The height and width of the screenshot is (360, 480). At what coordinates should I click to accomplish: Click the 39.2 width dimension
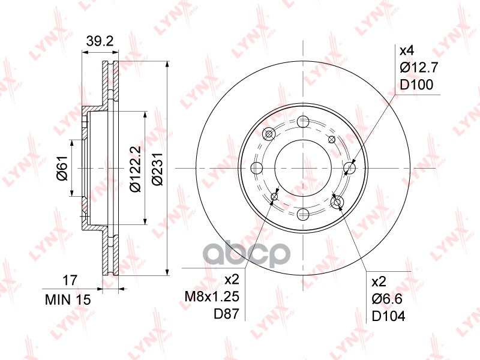click(100, 41)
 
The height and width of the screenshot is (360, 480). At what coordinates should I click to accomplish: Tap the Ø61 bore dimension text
click(62, 169)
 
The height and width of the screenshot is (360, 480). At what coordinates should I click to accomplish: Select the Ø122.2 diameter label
click(135, 169)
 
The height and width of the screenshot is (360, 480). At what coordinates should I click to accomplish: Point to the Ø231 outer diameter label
click(158, 169)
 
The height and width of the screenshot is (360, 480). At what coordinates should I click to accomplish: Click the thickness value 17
click(70, 280)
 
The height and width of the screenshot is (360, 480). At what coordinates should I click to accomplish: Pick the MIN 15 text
click(68, 299)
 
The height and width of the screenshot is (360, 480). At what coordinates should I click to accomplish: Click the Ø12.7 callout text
click(419, 67)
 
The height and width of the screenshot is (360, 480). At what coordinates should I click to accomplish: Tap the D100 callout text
click(416, 85)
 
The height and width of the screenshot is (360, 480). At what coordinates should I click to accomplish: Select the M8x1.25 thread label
click(212, 296)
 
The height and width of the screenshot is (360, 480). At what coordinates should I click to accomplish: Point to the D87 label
click(226, 314)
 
